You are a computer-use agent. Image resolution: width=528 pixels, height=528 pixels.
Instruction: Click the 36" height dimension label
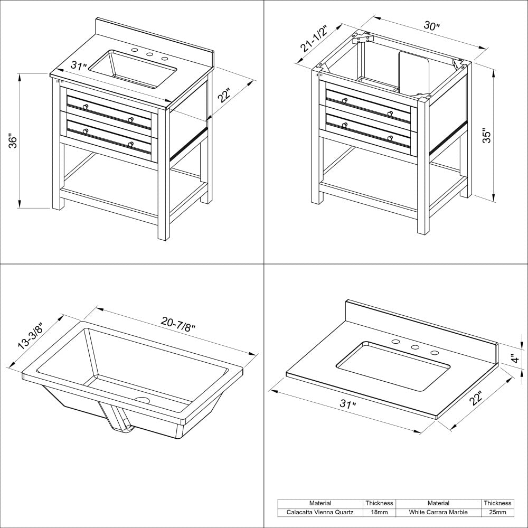coord(14,142)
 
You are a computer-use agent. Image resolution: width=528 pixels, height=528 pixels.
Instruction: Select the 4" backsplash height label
coord(514,359)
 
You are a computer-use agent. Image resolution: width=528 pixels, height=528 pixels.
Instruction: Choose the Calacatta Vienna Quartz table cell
coord(320,512)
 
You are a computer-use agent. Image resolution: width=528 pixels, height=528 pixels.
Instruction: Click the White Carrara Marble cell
coord(438,512)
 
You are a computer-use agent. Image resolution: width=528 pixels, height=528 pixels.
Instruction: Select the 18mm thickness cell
coord(379,512)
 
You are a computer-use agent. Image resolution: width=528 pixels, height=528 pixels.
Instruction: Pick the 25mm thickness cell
coord(497,512)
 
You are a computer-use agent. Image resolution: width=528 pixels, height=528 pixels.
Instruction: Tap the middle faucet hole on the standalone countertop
coord(415,347)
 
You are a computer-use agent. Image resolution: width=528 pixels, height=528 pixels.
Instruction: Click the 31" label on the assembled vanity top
coord(79,67)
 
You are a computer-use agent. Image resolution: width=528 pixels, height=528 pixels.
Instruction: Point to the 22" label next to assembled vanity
coord(225,97)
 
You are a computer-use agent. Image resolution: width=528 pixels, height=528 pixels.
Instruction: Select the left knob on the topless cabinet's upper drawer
coord(344,100)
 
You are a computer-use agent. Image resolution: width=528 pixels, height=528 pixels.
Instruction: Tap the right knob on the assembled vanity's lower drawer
coord(130,144)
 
